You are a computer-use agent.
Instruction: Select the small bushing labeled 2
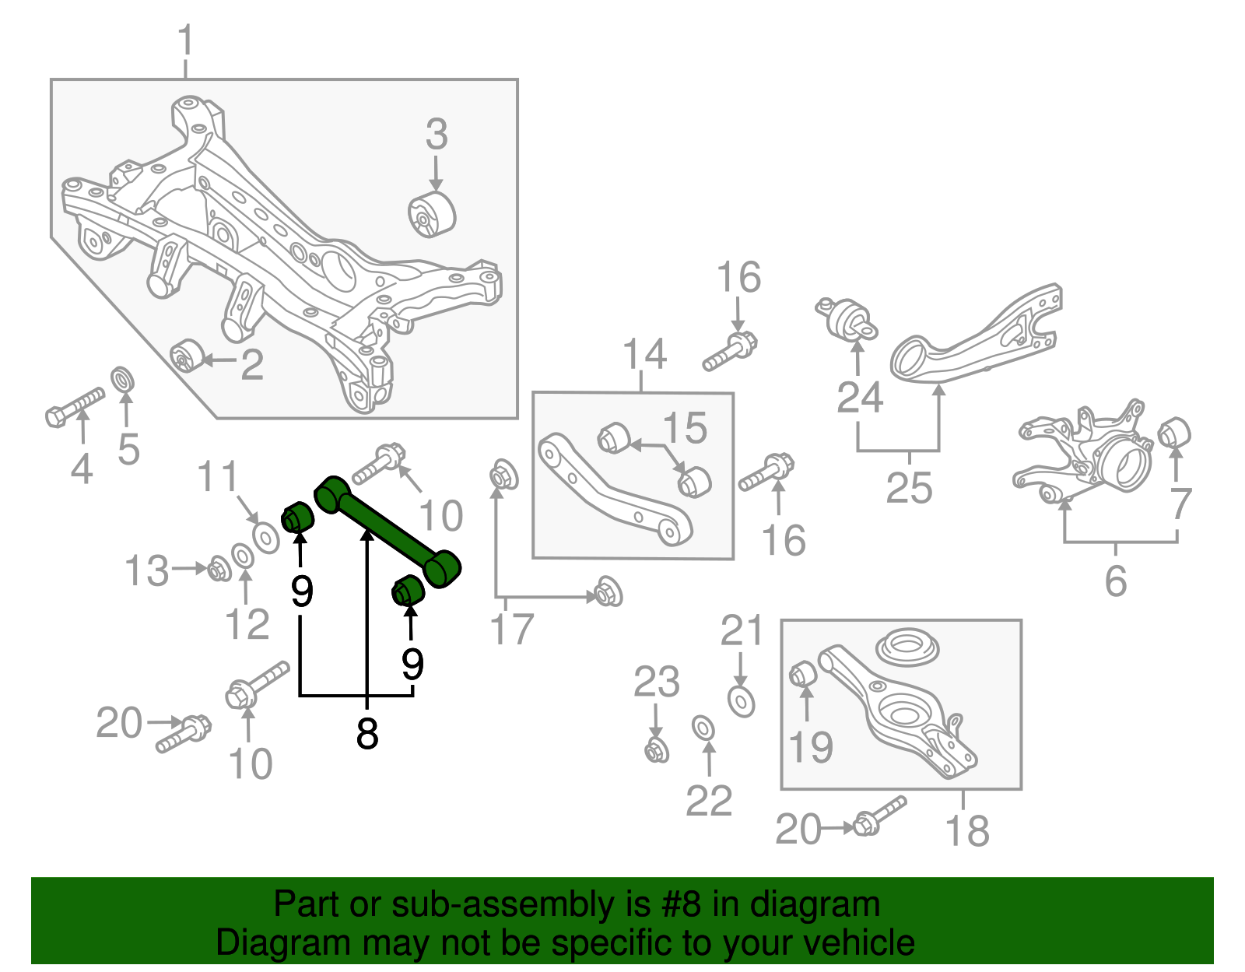tap(186, 356)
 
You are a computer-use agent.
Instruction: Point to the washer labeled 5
tap(123, 381)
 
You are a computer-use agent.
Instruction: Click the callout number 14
tap(645, 355)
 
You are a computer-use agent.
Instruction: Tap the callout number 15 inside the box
tap(685, 428)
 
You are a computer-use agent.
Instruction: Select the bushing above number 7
tap(1174, 433)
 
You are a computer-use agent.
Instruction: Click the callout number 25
tap(909, 489)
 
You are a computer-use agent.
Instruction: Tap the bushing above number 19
tap(801, 673)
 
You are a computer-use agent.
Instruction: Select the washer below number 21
tap(741, 701)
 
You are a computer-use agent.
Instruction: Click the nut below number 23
tap(657, 751)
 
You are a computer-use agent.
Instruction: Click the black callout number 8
tap(366, 733)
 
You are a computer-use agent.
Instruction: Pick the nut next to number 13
tap(218, 570)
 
